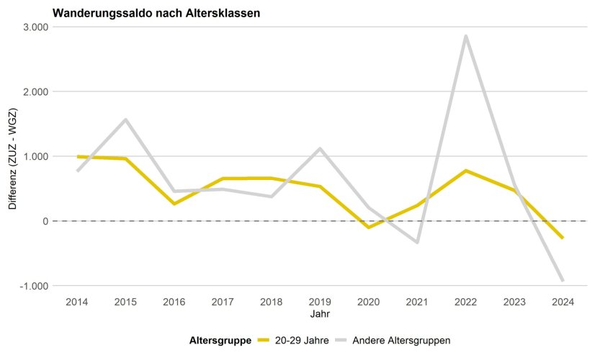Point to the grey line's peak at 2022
tap(466, 36)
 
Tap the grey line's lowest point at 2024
tap(563, 280)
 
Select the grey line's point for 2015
tap(126, 120)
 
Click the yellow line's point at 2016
tap(174, 204)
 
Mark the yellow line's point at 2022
tap(466, 171)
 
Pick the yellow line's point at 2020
tap(369, 228)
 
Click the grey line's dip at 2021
tap(417, 242)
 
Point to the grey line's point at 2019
tap(320, 149)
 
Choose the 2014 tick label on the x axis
tap(77, 302)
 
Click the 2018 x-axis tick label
tap(272, 302)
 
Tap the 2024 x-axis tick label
tap(563, 302)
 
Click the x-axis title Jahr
tap(320, 315)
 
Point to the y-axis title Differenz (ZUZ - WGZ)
tap(12, 156)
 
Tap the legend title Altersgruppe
tap(220, 341)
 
